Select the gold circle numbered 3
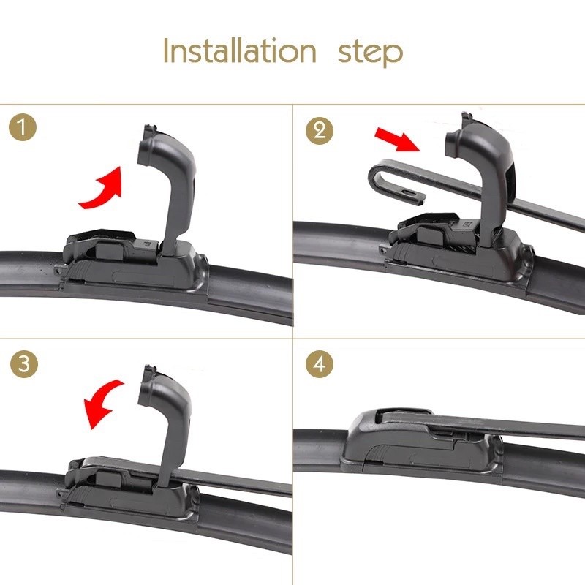[x=25, y=364]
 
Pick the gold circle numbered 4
[x=320, y=364]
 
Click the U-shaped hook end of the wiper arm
[x=381, y=177]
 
